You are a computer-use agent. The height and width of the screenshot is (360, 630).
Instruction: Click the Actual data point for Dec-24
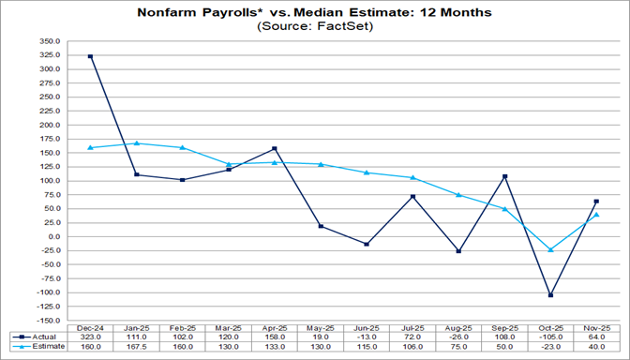tap(90, 56)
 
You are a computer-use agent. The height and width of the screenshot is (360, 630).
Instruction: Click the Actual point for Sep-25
tap(504, 176)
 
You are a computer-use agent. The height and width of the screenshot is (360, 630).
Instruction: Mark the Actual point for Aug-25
tap(458, 251)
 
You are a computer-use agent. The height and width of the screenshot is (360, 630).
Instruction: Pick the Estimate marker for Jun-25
tap(367, 172)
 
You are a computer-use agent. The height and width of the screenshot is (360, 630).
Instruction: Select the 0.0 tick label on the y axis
tap(52, 237)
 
